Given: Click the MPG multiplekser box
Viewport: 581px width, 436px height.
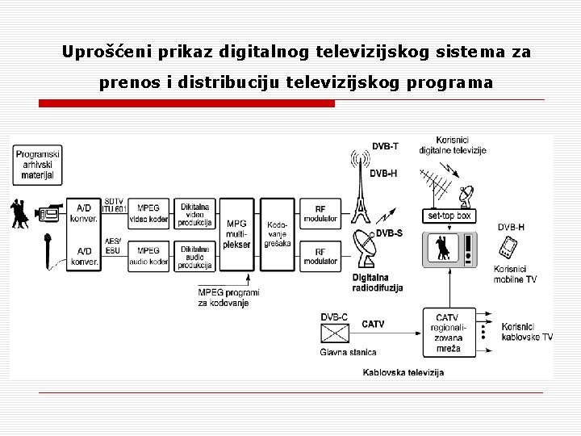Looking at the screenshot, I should point(236,235).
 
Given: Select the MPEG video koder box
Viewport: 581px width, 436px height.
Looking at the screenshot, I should point(148,214).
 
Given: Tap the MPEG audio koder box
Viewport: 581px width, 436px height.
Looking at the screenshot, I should point(148,256).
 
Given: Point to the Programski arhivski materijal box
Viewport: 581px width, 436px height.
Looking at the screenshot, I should point(37,164).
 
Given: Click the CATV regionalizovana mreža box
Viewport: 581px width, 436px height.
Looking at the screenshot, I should point(447,332).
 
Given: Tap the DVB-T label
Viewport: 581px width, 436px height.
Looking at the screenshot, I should point(384,146).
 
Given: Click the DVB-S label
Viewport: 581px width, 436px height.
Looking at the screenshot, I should point(390,233).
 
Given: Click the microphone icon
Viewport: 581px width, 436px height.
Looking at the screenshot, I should point(48,250).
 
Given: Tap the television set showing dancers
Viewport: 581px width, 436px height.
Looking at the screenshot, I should point(449,250).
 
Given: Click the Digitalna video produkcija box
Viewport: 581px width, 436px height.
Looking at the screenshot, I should point(194,214).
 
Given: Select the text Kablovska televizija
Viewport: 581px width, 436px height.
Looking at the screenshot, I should point(403,372).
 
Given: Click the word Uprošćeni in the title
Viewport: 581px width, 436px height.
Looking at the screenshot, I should point(101,53).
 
